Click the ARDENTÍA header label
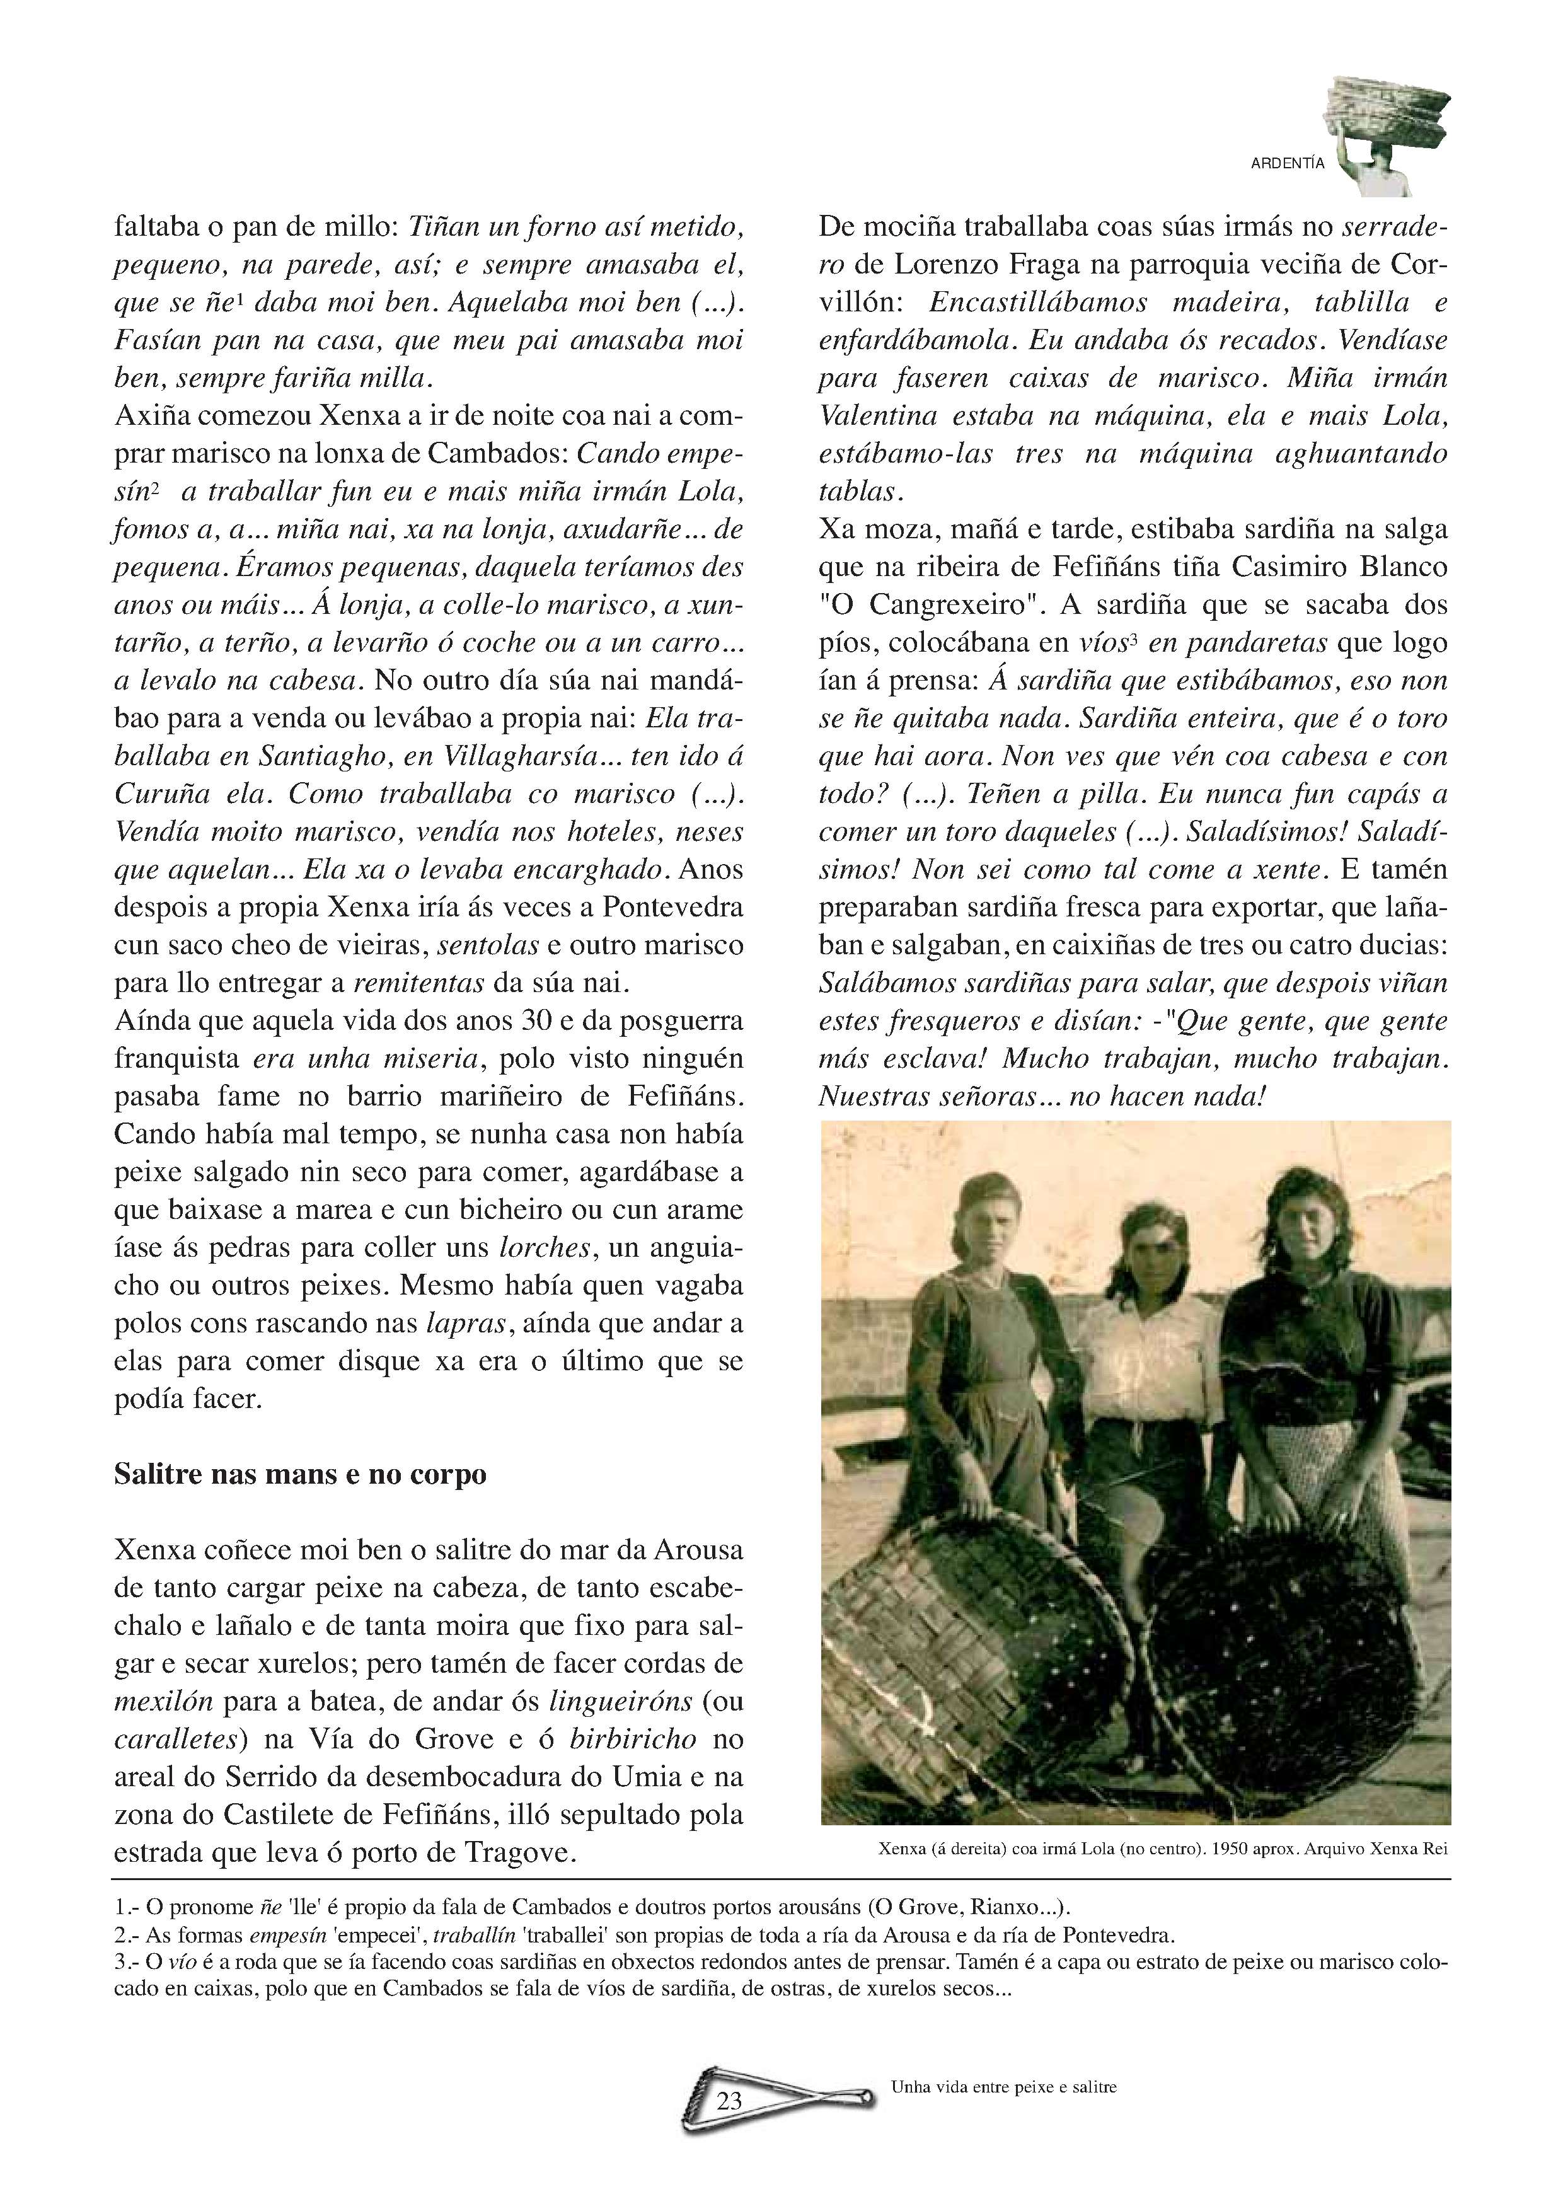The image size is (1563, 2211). (1286, 164)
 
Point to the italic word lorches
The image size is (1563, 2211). (544, 1247)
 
